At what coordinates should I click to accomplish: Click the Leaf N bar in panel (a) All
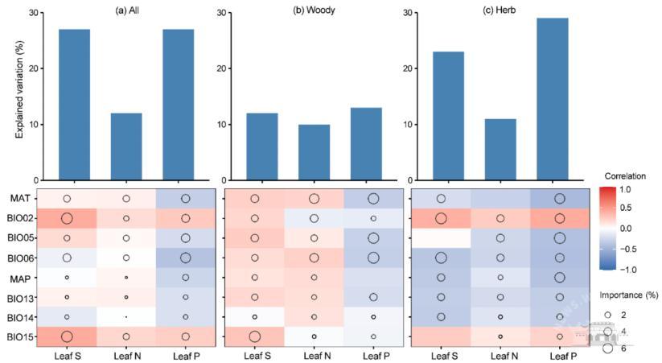[x=126, y=146]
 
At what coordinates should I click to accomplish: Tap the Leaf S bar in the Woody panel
[x=255, y=146]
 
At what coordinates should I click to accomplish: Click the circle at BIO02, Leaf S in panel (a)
[x=67, y=218]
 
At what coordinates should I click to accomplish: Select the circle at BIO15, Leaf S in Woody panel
[x=255, y=336]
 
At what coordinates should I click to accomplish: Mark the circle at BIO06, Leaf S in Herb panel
[x=441, y=258]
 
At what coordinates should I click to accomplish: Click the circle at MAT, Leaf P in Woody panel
[x=372, y=199]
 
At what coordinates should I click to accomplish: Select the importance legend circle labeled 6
[x=609, y=349]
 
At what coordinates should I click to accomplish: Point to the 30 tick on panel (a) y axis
[x=32, y=13]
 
